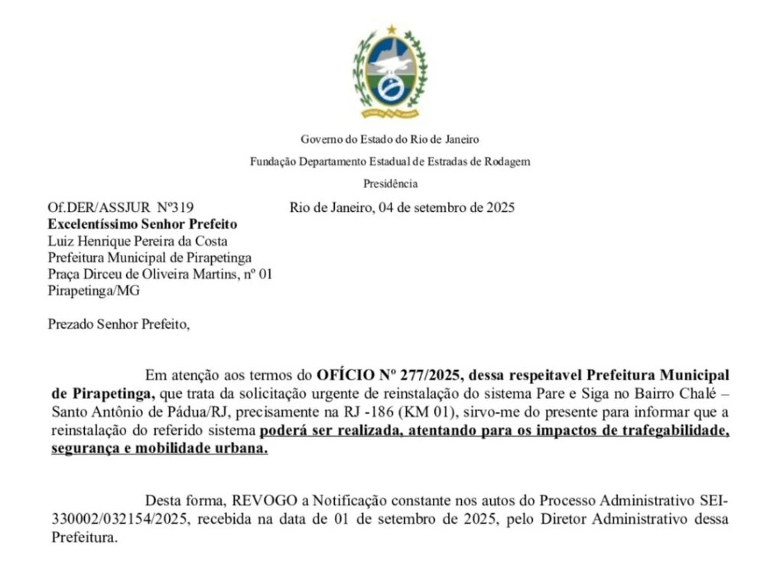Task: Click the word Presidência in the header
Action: coord(390,184)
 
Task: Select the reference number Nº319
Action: coord(176,207)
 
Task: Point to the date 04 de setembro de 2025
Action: coord(443,207)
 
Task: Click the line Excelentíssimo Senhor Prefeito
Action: coord(142,224)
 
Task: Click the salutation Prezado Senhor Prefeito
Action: coord(118,324)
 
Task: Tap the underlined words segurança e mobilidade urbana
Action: coord(159,450)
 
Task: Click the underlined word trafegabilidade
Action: coord(670,432)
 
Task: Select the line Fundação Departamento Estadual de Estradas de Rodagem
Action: coord(390,161)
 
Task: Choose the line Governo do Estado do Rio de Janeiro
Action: coord(390,139)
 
